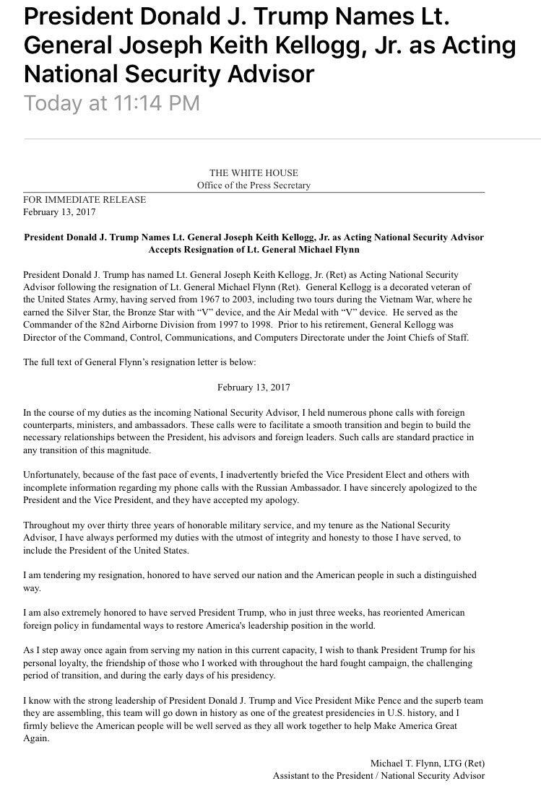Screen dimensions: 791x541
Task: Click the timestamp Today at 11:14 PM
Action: tap(112, 102)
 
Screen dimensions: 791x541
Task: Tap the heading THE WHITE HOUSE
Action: tap(254, 173)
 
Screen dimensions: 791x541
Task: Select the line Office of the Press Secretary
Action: tap(254, 185)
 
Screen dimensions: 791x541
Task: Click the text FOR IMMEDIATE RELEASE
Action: tap(85, 200)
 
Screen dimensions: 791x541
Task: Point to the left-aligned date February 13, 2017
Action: tap(59, 212)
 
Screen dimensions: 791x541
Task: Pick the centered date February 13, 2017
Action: tap(254, 387)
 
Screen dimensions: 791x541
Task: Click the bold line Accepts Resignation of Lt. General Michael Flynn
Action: tap(254, 250)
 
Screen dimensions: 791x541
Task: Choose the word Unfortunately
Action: tap(55, 474)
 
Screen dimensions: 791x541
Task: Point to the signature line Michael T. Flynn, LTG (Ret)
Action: tap(427, 763)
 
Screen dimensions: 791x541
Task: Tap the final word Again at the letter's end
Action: tap(35, 738)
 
